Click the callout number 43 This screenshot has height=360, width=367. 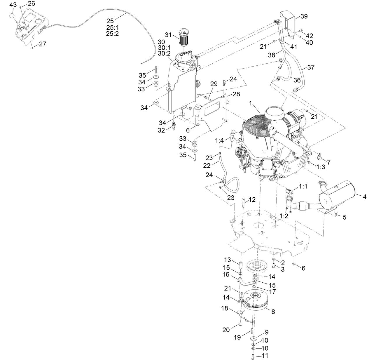13,5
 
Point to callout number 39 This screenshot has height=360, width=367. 304,16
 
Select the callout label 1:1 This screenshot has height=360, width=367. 303,186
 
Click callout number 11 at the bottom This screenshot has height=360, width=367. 265,356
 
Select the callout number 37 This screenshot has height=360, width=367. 311,67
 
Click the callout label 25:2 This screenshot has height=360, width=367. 113,34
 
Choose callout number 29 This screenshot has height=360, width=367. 214,84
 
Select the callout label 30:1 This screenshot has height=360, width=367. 164,48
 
